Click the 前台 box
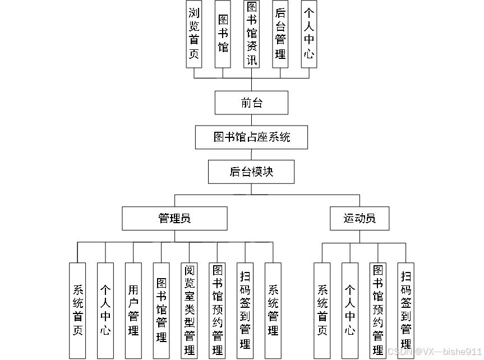tap(251, 103)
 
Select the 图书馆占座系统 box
tap(251, 137)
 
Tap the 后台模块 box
tap(251, 172)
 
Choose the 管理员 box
tap(175, 218)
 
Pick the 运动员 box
tap(359, 218)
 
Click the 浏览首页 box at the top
tap(194, 34)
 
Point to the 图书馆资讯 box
tap(252, 34)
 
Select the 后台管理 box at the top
tap(280, 34)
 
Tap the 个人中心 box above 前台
tap(309, 34)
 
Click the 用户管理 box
tap(133, 310)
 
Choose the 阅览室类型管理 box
tap(190, 310)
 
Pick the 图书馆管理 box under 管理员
tap(162, 310)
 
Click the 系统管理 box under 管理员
tap(273, 310)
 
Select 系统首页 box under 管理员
tap(78, 310)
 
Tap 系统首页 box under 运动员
tap(322, 310)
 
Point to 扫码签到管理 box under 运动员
tap(406, 310)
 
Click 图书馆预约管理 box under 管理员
tap(218, 310)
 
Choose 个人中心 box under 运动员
tap(350, 310)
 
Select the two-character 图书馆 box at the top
tap(223, 34)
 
